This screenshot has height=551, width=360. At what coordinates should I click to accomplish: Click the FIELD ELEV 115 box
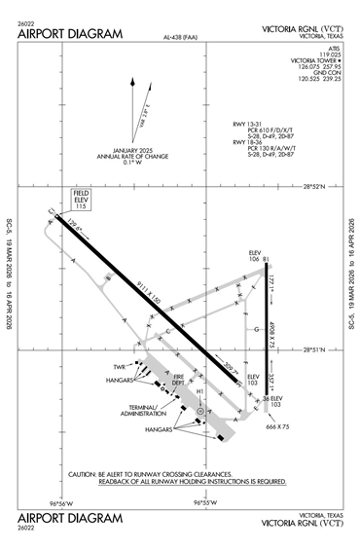tap(81, 200)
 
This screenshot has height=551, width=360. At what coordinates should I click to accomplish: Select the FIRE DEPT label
tap(178, 383)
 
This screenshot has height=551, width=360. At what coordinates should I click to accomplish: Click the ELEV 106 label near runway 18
tap(254, 255)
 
